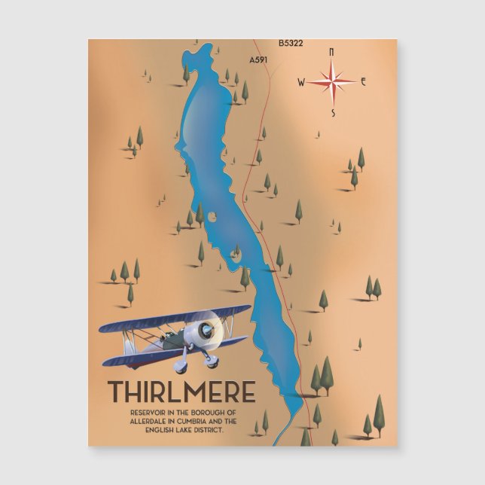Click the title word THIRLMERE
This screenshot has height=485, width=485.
click(x=181, y=392)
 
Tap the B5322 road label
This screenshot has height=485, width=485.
click(x=290, y=44)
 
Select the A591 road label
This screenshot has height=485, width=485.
click(x=258, y=58)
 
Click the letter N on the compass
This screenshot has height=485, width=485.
click(x=331, y=52)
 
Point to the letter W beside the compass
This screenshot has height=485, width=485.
click(x=301, y=83)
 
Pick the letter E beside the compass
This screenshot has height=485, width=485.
click(x=363, y=81)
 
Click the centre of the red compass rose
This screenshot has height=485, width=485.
click(x=332, y=81)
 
